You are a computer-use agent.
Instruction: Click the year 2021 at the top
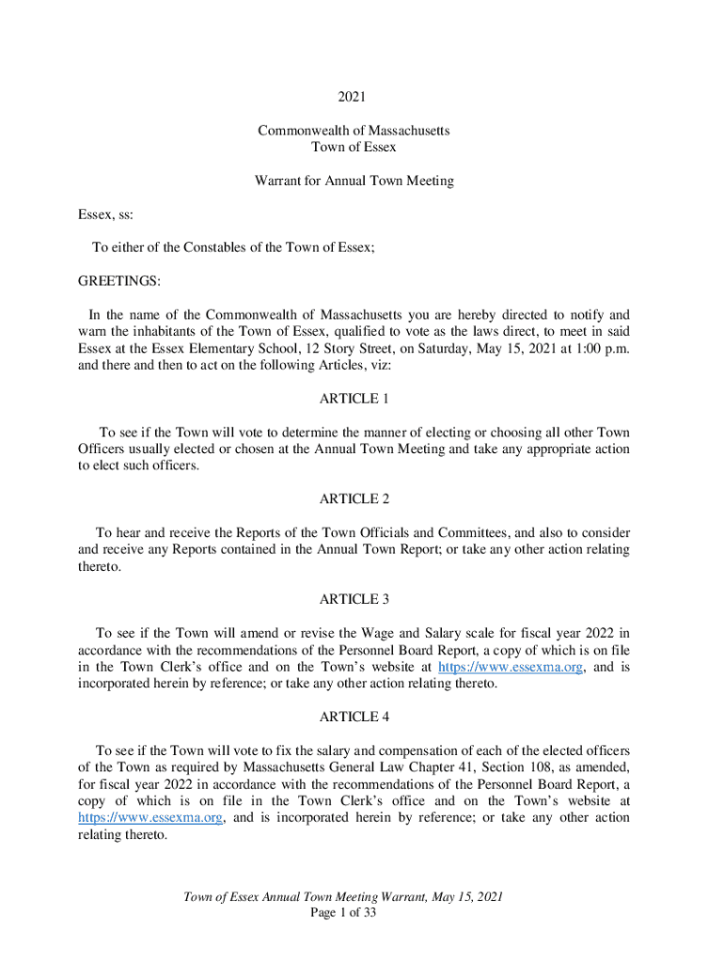click(354, 97)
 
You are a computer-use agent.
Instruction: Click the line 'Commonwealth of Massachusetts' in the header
click(354, 130)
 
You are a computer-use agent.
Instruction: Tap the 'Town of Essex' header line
click(354, 147)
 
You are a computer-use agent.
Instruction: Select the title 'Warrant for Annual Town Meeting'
click(354, 181)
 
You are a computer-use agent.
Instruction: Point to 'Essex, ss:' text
click(105, 214)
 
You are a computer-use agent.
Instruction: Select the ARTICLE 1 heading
click(354, 399)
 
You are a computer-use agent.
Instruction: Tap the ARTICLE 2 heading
click(354, 498)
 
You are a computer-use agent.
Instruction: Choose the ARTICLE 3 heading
click(354, 599)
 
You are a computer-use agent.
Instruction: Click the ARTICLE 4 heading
click(354, 717)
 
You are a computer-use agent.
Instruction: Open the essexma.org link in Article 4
click(150, 818)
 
